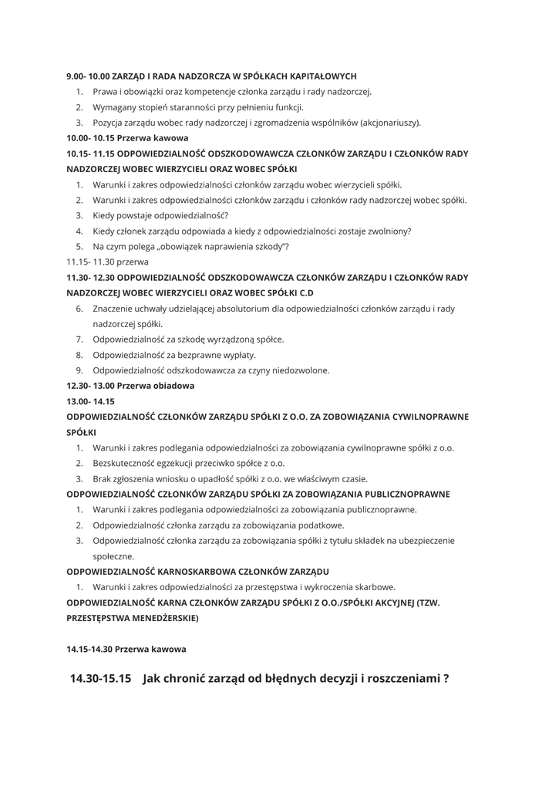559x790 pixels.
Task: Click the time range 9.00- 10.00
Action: [x=88, y=76]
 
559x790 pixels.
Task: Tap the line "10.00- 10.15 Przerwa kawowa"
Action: [x=127, y=138]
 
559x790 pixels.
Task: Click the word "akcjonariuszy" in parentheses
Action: [x=389, y=123]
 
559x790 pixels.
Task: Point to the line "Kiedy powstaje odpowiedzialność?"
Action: [x=160, y=215]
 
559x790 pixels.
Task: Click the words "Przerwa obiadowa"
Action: [x=156, y=386]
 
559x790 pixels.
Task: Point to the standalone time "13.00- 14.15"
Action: [x=90, y=401]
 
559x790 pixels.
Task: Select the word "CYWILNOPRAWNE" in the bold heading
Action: [x=428, y=417]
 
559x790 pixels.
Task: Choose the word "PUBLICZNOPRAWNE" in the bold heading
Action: [x=401, y=494]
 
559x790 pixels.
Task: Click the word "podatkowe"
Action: [x=322, y=525]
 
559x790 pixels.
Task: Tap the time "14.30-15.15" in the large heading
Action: [x=100, y=679]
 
